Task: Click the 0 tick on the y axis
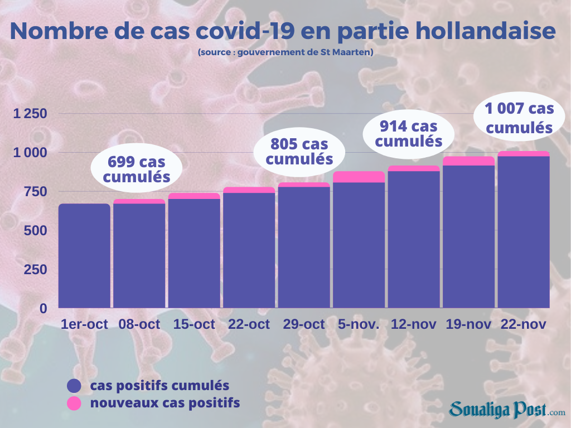click(x=43, y=308)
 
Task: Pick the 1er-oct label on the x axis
click(x=84, y=324)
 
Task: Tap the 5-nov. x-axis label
click(x=359, y=324)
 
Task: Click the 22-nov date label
click(x=524, y=324)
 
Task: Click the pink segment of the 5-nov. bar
click(x=359, y=177)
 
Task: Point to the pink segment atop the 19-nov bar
click(x=468, y=161)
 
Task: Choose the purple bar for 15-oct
click(x=194, y=253)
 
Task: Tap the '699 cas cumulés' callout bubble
click(x=137, y=169)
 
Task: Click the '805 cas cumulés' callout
click(x=299, y=151)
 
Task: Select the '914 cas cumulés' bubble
click(x=409, y=133)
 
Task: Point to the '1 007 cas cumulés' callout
click(x=519, y=118)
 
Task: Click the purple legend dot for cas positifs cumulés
click(x=74, y=386)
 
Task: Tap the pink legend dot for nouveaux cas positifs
click(x=74, y=402)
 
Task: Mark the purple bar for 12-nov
click(x=414, y=239)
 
